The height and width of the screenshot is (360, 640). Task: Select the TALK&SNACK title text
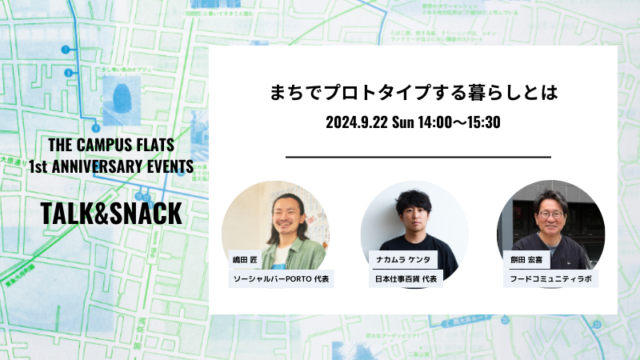tap(112, 214)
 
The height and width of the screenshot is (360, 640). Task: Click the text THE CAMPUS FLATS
tap(111, 146)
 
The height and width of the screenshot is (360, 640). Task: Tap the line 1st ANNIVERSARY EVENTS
tap(111, 166)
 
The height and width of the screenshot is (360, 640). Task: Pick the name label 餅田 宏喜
tap(525, 261)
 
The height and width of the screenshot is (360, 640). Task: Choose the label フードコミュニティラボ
tap(552, 279)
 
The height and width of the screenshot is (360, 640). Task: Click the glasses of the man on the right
tap(550, 214)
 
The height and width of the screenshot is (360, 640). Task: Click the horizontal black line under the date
tap(418, 157)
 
